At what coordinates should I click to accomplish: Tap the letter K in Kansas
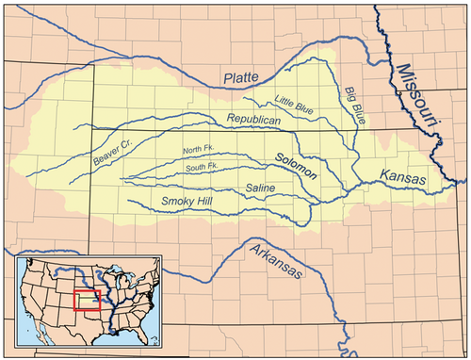point(384,175)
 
